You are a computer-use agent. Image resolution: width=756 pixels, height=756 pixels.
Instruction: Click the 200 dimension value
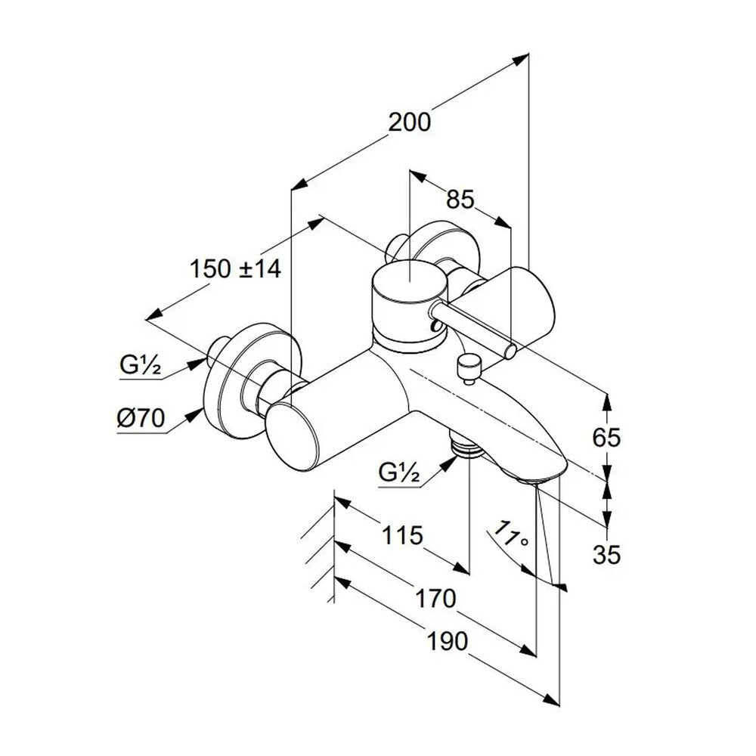pyautogui.click(x=409, y=122)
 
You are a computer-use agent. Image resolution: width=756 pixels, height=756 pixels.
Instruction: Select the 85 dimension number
pyautogui.click(x=460, y=199)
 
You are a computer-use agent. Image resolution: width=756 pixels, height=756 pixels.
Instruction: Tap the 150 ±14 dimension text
pyautogui.click(x=235, y=268)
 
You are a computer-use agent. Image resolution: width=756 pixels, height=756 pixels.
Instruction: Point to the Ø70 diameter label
pyautogui.click(x=141, y=417)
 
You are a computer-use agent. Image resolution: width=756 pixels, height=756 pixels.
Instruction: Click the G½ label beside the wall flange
pyautogui.click(x=141, y=365)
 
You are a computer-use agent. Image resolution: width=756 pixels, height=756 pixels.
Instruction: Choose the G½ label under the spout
pyautogui.click(x=400, y=472)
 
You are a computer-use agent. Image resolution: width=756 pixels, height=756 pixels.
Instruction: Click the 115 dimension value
pyautogui.click(x=403, y=535)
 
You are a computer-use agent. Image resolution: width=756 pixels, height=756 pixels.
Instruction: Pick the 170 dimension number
pyautogui.click(x=435, y=598)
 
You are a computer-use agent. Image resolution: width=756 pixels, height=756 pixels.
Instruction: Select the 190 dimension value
pyautogui.click(x=448, y=641)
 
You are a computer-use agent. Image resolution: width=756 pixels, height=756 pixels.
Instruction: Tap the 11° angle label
pyautogui.click(x=512, y=534)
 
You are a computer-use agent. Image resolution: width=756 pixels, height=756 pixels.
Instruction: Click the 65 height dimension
pyautogui.click(x=606, y=438)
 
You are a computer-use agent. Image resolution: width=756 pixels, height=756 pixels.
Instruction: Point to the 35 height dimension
pyautogui.click(x=606, y=556)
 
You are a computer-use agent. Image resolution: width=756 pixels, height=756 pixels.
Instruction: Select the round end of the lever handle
pyautogui.click(x=510, y=351)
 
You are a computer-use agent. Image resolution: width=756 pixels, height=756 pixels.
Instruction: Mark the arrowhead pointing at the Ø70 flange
pyautogui.click(x=196, y=414)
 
